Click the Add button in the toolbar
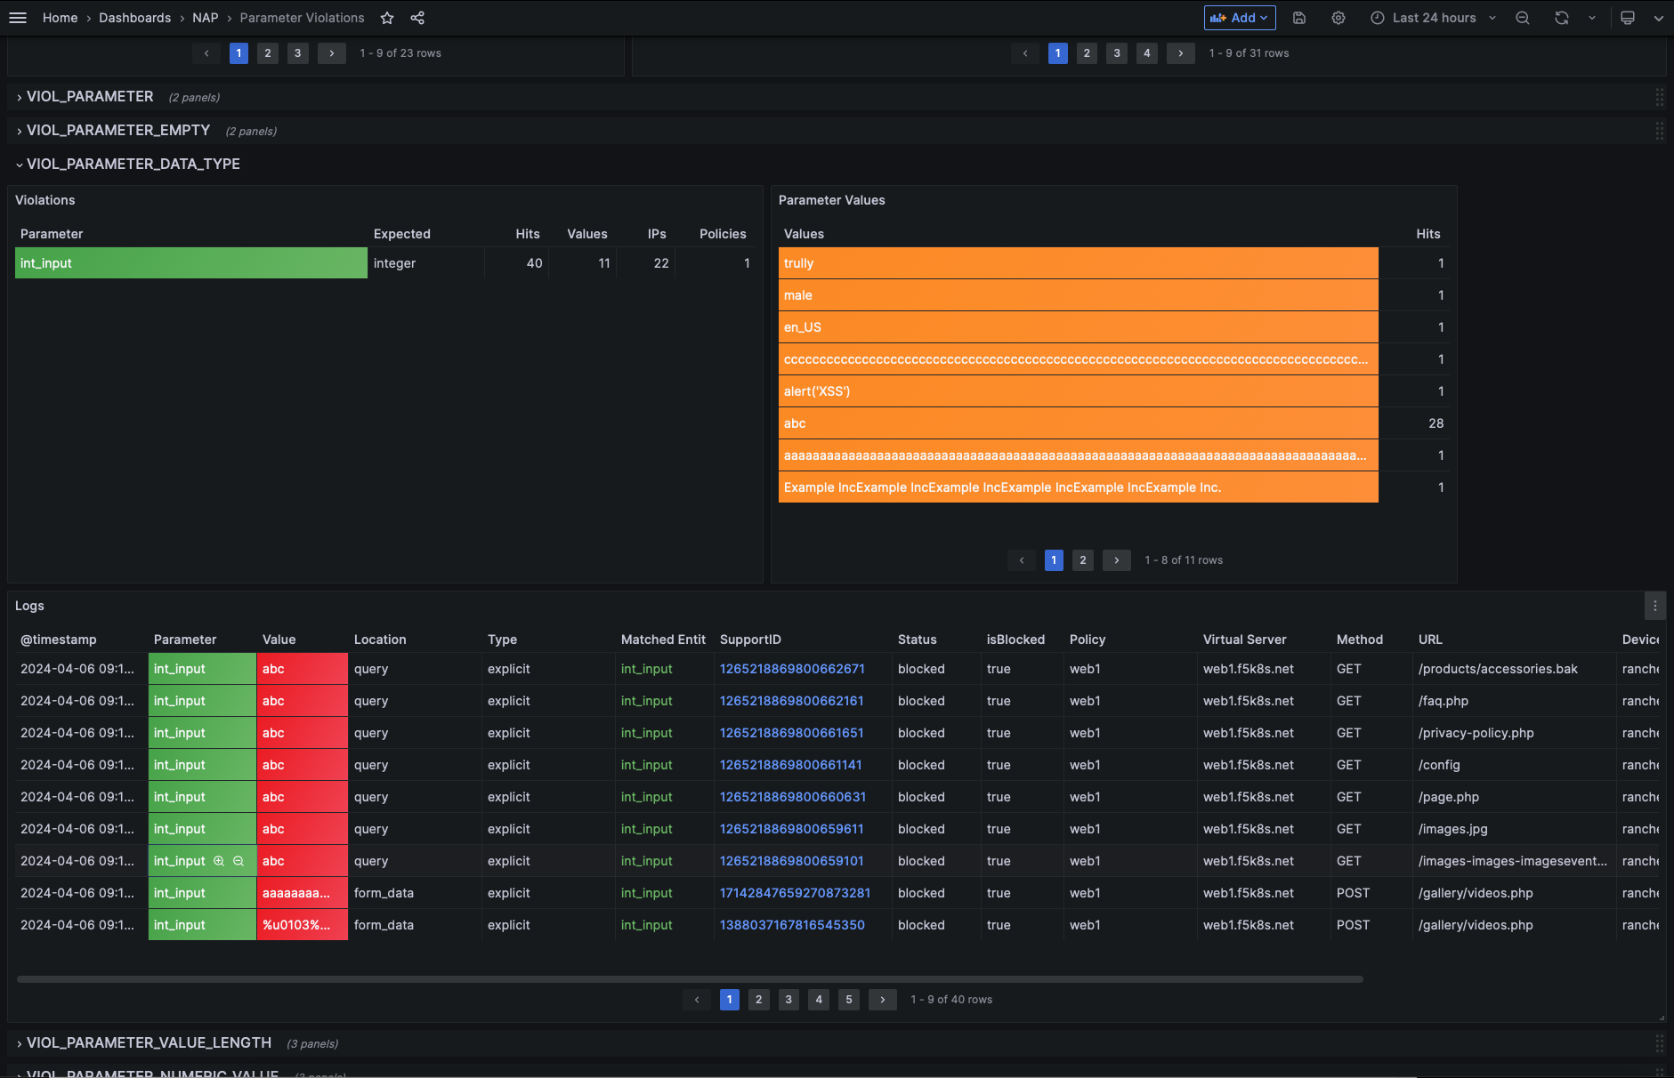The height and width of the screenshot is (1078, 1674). click(1239, 18)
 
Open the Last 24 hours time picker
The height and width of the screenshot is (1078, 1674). click(1433, 18)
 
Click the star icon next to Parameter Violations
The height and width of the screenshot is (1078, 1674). click(387, 18)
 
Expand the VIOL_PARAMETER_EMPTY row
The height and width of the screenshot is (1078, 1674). click(117, 131)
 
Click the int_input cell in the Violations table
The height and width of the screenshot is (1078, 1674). click(190, 263)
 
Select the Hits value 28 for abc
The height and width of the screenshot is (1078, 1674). click(1435, 423)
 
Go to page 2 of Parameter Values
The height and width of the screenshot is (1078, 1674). click(1082, 560)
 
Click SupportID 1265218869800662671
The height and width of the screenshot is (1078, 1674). click(792, 669)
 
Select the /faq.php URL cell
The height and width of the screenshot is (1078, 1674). click(1444, 701)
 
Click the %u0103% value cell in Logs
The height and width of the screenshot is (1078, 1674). click(296, 925)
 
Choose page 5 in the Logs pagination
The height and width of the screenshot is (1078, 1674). click(848, 1000)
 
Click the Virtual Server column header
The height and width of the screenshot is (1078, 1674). click(1244, 640)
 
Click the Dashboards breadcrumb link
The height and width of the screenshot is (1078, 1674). click(134, 18)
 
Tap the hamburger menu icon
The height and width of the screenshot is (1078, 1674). click(18, 18)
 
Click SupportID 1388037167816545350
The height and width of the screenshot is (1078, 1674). click(792, 925)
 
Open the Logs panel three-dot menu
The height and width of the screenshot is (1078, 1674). click(1654, 606)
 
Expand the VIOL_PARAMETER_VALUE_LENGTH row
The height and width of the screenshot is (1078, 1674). click(148, 1042)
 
